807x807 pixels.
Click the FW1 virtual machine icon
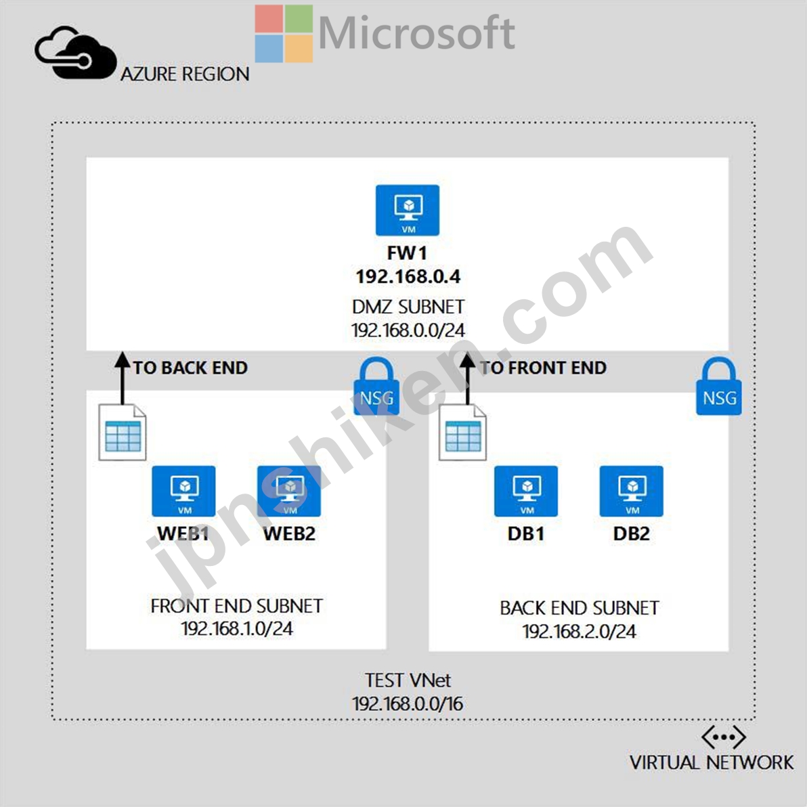click(408, 210)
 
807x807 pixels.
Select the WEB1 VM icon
click(183, 491)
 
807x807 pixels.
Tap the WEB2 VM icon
click(289, 491)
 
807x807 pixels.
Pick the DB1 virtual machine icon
click(526, 491)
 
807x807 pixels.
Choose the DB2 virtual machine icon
click(632, 491)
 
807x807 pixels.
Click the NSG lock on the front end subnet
click(376, 387)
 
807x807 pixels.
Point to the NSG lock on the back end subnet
click(719, 387)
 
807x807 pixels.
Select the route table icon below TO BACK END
click(123, 433)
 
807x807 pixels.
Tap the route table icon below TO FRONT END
click(462, 433)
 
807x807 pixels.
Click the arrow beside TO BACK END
click(123, 378)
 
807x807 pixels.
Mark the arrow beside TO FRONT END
click(467, 378)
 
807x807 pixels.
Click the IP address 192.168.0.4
click(408, 277)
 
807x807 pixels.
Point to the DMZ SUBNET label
click(408, 307)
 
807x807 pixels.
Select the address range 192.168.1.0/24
click(237, 628)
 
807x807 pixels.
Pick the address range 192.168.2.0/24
click(579, 631)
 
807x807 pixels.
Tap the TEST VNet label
click(408, 680)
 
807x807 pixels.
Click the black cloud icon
click(76, 53)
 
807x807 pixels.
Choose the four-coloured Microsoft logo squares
click(284, 33)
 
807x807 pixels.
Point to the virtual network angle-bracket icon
click(724, 737)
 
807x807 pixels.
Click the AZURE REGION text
click(185, 74)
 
